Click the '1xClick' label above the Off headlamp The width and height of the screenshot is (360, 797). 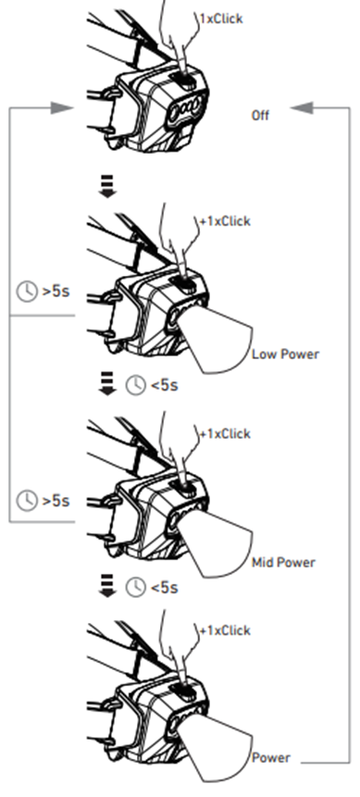click(x=222, y=19)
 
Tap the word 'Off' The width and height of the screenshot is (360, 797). click(x=260, y=116)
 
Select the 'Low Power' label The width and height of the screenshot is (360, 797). click(x=286, y=355)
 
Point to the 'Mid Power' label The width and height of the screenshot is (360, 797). click(x=284, y=562)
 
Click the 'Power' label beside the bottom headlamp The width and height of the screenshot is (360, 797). click(x=271, y=758)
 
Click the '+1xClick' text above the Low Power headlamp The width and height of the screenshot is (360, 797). click(x=225, y=221)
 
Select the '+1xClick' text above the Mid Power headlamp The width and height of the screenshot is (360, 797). click(x=225, y=434)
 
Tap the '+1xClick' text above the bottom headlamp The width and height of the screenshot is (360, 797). click(x=225, y=630)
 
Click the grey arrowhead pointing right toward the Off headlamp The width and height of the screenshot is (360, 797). click(x=62, y=107)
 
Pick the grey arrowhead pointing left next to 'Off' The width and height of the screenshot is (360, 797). click(x=302, y=107)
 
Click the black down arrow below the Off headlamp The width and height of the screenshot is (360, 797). click(x=107, y=186)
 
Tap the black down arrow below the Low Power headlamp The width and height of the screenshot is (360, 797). click(x=107, y=383)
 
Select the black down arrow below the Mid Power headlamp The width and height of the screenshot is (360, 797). click(x=107, y=586)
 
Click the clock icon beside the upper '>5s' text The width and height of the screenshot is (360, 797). click(x=27, y=292)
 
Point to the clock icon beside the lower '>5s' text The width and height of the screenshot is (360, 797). click(x=27, y=501)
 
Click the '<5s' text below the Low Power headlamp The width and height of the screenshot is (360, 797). click(x=164, y=386)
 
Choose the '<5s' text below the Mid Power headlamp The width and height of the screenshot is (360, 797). click(x=164, y=588)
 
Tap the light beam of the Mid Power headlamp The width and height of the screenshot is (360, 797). click(x=218, y=542)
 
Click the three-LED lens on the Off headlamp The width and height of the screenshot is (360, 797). click(x=186, y=107)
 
